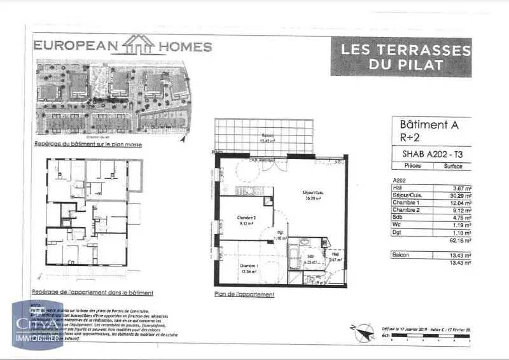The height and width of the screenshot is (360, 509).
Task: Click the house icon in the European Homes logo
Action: pyautogui.click(x=139, y=45)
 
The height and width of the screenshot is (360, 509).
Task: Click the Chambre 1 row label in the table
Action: pyautogui.click(x=408, y=202)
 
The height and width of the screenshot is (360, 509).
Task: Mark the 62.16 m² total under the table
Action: pyautogui.click(x=460, y=240)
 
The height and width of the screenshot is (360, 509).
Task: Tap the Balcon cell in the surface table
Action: pyautogui.click(x=402, y=254)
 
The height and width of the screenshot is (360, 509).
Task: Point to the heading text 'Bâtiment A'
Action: pyautogui.click(x=428, y=125)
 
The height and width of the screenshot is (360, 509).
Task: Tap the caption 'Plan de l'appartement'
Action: pyautogui.click(x=244, y=294)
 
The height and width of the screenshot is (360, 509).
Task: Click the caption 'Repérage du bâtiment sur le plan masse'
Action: pyautogui.click(x=88, y=145)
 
